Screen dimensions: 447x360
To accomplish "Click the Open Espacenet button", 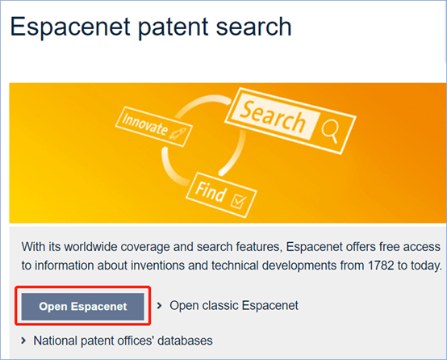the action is point(82,307).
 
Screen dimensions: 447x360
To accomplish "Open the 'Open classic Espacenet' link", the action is point(234,305).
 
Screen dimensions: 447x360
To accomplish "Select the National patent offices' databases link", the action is point(123,341).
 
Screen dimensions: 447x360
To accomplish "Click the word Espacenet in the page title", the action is point(70,27).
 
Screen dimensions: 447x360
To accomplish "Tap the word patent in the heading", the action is point(173,27).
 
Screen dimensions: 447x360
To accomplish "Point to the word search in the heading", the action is point(253,27).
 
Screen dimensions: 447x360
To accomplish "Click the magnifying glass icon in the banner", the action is point(331,130).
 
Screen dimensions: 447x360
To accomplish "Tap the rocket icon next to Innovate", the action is point(178,133).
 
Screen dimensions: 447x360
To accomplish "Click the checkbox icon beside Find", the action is point(238,201).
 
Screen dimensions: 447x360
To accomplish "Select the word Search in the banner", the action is point(273,117).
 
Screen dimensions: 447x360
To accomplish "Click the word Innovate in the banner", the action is point(145,124).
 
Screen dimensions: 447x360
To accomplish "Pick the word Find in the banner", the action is point(211,191).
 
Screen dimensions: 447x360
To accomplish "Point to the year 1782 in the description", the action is point(381,266).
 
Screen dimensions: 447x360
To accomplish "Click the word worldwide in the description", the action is point(90,246).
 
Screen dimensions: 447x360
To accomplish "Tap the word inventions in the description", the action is point(158,266).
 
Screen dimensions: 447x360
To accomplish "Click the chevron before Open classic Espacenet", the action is point(160,305).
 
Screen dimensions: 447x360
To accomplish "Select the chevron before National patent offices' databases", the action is point(23,341).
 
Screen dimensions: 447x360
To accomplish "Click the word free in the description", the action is point(390,246).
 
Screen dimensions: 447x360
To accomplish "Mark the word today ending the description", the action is point(424,266).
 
